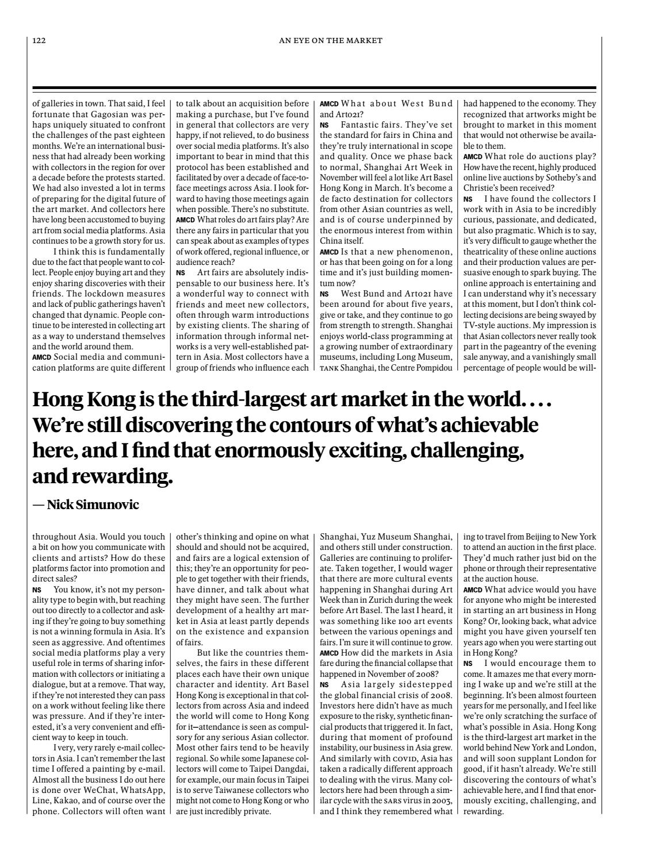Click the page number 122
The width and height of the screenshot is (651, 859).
tap(39, 41)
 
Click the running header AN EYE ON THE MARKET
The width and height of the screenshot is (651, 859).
tap(331, 41)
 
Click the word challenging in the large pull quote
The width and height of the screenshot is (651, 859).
tap(465, 451)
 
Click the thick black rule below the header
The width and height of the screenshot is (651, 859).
tap(314, 88)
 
